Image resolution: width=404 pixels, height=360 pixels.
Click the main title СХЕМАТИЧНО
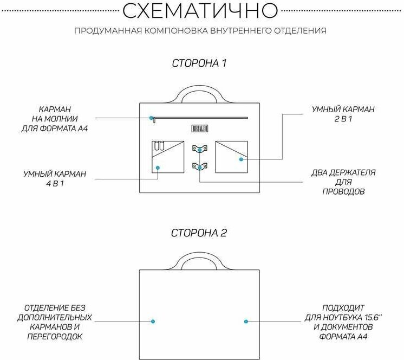point(201,10)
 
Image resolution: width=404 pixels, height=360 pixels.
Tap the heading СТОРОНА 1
point(199,63)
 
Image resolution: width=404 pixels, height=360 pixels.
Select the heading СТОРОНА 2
point(199,233)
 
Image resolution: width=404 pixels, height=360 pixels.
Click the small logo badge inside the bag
point(199,128)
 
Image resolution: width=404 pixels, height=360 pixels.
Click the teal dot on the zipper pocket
point(152,117)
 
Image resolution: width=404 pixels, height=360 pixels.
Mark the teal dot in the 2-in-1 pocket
point(240,159)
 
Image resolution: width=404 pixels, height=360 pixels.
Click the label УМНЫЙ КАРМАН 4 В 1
point(55,178)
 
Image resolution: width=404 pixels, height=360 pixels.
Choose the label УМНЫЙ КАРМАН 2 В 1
point(343,113)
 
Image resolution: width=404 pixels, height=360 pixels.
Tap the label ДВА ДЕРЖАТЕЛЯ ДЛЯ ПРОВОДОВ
point(343,182)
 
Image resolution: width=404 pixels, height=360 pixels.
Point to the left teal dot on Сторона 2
point(153,322)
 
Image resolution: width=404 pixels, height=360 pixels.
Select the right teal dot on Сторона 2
point(246,322)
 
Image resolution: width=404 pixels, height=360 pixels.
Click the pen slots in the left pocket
point(159,147)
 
